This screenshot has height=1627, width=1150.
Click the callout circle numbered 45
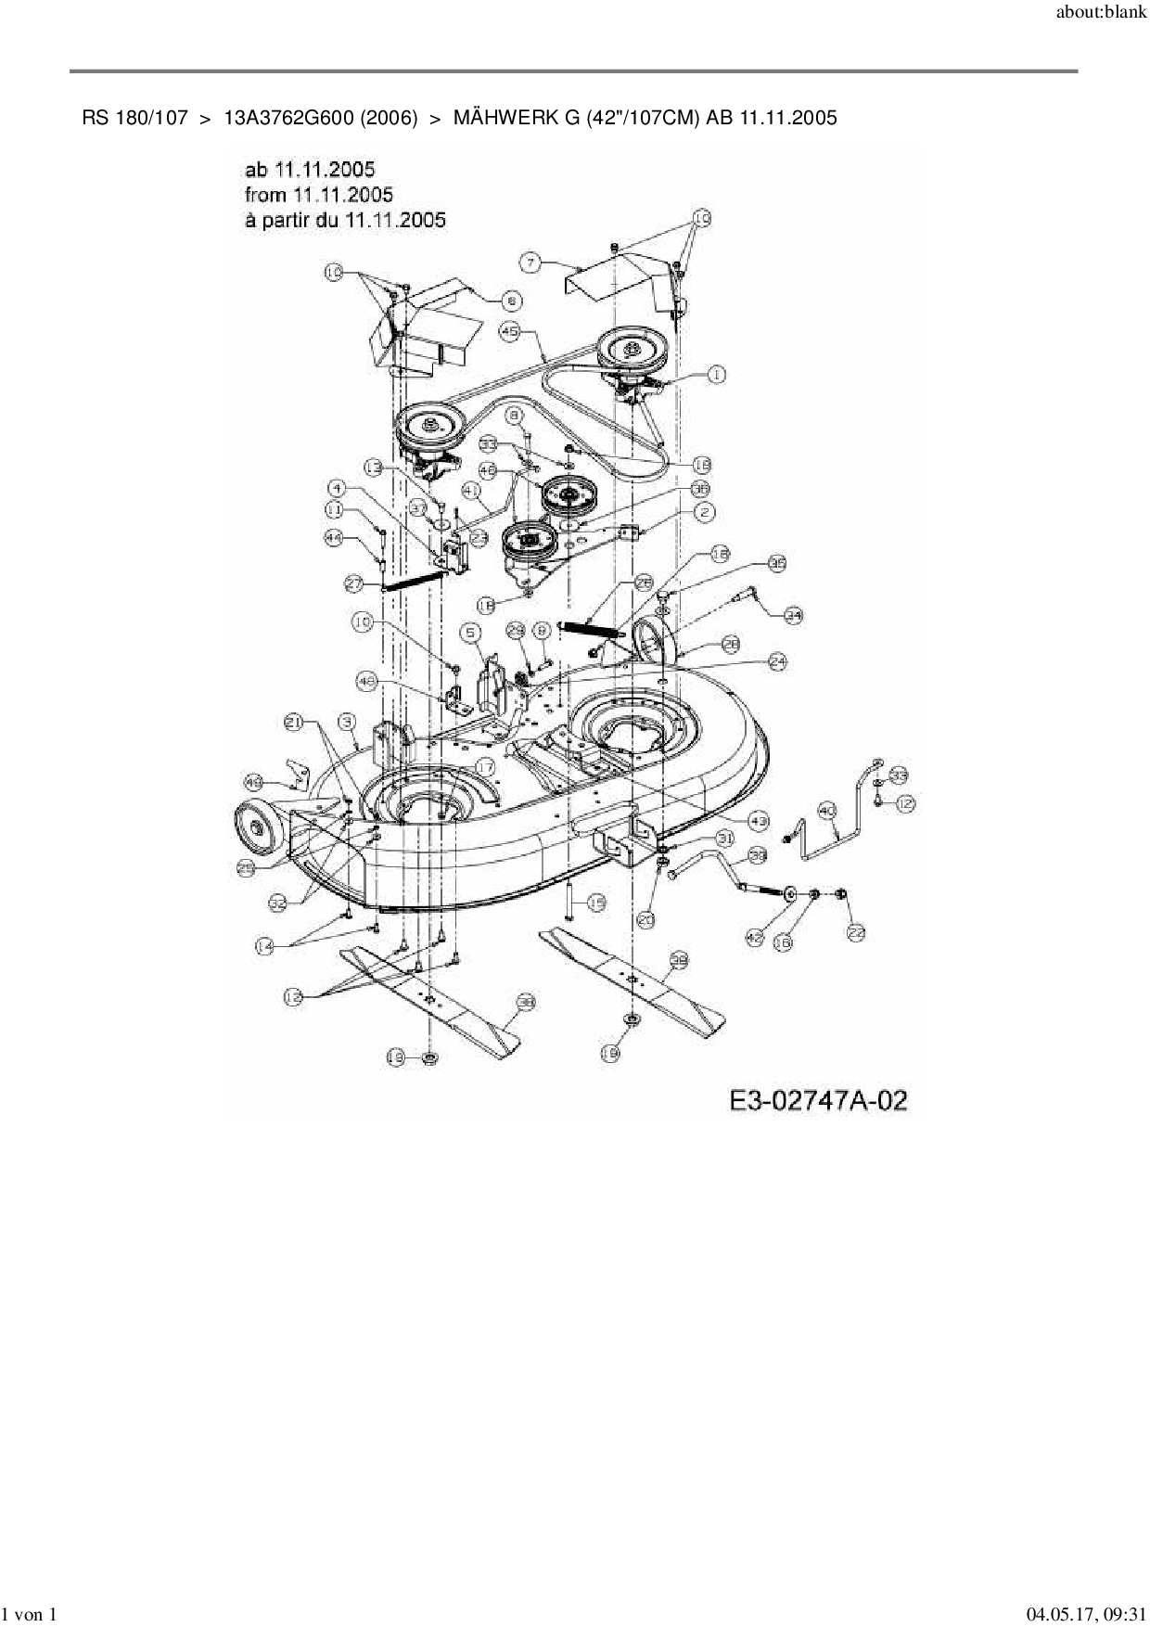click(x=509, y=331)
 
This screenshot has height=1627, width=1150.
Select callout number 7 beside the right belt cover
click(x=530, y=263)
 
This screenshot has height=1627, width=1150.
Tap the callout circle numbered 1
click(x=716, y=374)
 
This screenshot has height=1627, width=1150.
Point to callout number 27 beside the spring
click(x=354, y=583)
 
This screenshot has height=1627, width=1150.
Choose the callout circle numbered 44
click(x=334, y=536)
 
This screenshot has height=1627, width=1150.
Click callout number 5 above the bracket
click(x=472, y=633)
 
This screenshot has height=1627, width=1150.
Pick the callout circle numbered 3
click(x=348, y=720)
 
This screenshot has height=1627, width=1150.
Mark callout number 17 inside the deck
click(x=484, y=765)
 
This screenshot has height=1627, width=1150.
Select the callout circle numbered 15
click(x=596, y=901)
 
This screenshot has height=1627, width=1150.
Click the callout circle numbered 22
click(x=855, y=933)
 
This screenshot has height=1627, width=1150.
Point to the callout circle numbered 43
click(x=759, y=820)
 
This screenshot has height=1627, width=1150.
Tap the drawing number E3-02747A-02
click(x=817, y=1101)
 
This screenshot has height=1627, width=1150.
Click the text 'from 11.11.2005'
click(x=318, y=195)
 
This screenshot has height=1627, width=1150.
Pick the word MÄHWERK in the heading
click(x=505, y=118)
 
